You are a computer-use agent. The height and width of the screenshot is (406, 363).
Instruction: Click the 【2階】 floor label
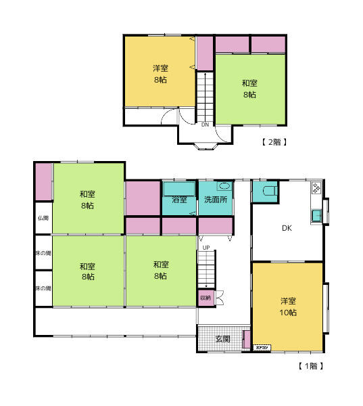274,142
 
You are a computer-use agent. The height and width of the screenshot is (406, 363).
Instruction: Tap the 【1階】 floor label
312,366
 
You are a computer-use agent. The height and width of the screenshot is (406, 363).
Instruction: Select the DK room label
287,228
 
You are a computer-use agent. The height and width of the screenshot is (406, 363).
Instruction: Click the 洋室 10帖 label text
289,307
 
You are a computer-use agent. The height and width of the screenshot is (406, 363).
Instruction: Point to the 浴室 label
179,200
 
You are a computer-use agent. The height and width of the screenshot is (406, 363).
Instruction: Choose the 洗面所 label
216,200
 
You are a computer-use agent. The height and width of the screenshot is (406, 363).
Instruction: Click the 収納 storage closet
205,297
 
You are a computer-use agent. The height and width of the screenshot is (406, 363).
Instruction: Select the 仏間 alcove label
43,218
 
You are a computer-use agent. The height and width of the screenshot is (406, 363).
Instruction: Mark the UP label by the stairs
204,248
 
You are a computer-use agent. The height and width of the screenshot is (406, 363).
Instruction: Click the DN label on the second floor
205,125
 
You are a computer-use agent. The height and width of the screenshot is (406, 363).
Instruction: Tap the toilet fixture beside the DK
269,191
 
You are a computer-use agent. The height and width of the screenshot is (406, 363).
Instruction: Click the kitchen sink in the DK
316,217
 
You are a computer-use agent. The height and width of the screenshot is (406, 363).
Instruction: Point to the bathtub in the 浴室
179,188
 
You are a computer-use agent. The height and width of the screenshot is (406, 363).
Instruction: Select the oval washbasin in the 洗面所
224,186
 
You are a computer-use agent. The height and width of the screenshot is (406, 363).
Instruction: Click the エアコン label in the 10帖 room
262,348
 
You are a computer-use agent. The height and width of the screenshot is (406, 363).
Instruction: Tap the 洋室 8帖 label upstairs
160,74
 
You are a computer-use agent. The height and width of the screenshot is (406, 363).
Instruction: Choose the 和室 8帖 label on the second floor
249,89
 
